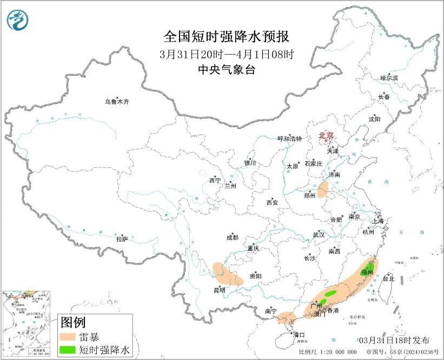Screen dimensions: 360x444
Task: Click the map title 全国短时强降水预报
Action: pyautogui.click(x=227, y=37)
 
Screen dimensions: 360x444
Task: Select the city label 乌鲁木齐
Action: pyautogui.click(x=117, y=101)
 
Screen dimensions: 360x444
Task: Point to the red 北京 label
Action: pyautogui.click(x=326, y=135)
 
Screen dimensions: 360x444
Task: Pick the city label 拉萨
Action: pyautogui.click(x=122, y=238)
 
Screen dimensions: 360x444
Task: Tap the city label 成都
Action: pyautogui.click(x=232, y=237)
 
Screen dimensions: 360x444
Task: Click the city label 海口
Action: pyautogui.click(x=299, y=335)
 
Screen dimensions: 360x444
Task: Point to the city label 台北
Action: pyautogui.click(x=388, y=279)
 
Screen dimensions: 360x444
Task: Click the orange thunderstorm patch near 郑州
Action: pyautogui.click(x=323, y=189)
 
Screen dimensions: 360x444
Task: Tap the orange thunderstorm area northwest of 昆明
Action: pyautogui.click(x=227, y=274)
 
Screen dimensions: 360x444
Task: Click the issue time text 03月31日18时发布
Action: pyautogui.click(x=394, y=340)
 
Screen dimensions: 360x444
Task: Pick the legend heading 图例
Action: pyautogui.click(x=74, y=323)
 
